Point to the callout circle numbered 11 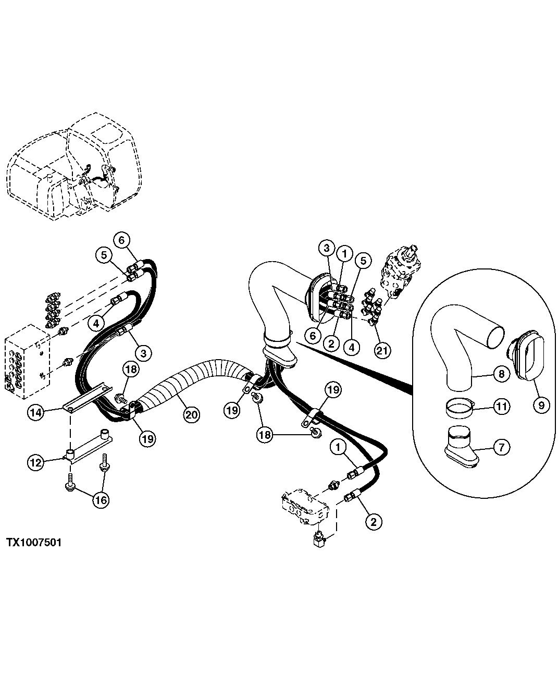pos(501,406)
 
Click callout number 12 pos(36,462)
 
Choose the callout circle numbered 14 pos(36,412)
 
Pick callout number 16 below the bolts pos(101,500)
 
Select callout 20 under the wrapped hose pos(192,414)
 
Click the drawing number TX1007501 pos(34,543)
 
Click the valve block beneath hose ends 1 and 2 pos(305,508)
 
